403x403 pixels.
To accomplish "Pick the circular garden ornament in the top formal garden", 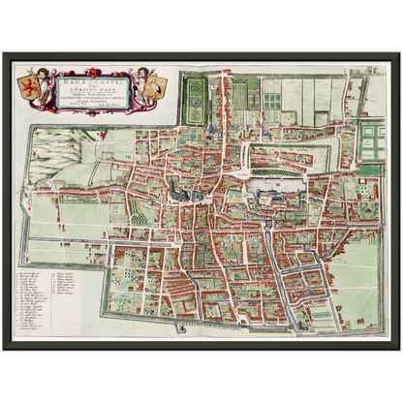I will (193, 93).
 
